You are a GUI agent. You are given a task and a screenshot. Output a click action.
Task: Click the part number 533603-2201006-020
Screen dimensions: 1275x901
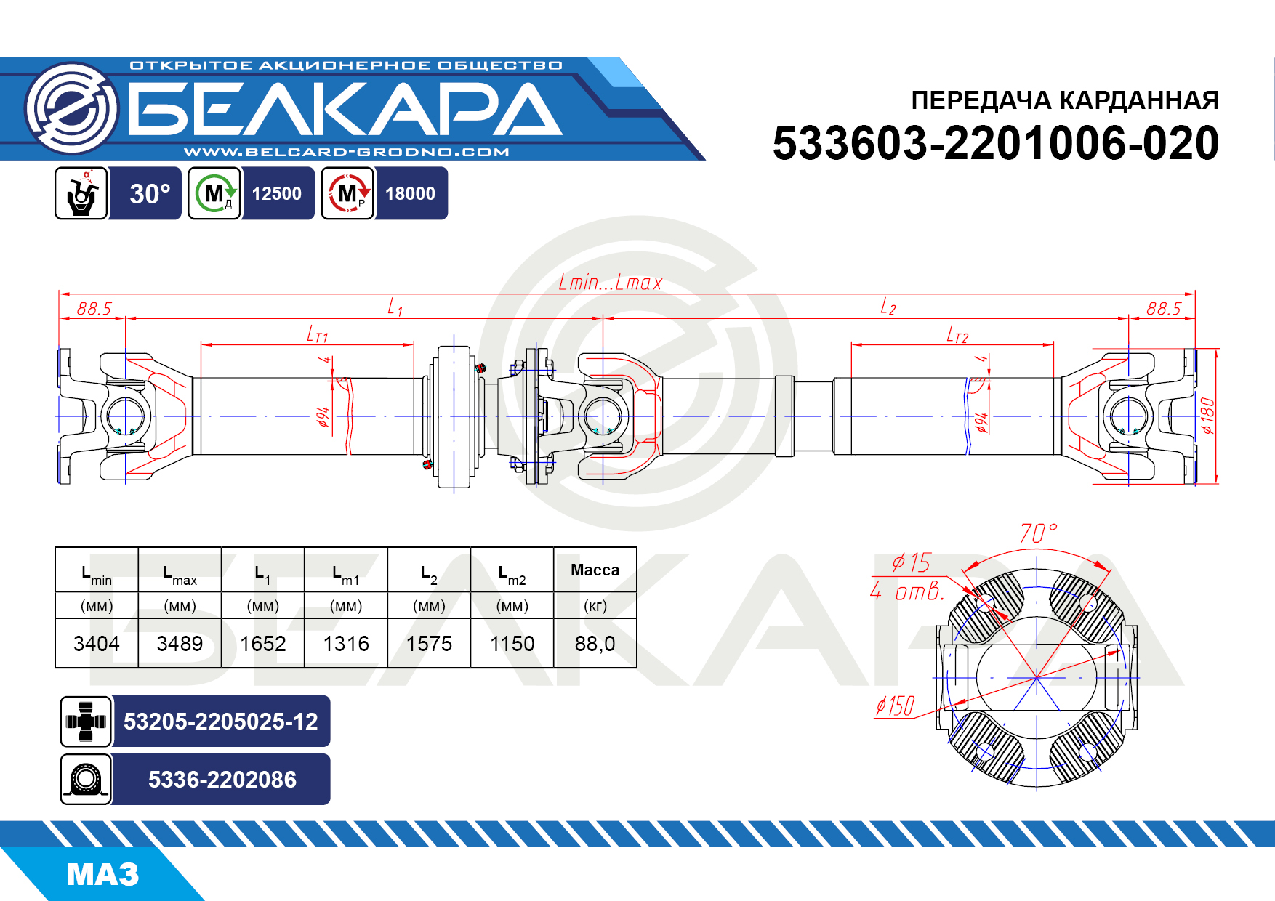click(995, 143)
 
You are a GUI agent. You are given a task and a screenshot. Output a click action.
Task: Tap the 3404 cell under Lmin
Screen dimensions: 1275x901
click(97, 644)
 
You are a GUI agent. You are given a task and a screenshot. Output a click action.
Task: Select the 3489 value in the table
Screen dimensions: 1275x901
click(180, 644)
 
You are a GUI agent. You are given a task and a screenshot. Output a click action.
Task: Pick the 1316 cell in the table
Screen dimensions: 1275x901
click(346, 644)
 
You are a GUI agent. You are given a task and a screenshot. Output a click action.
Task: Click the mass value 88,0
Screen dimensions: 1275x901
click(595, 644)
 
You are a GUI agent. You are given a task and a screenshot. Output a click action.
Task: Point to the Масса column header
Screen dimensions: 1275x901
click(595, 570)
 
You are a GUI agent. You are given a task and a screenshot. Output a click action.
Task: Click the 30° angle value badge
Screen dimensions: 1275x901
click(150, 194)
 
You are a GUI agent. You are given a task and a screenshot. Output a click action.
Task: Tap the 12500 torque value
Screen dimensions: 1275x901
click(277, 194)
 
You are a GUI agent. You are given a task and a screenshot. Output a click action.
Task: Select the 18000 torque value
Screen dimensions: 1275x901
click(411, 194)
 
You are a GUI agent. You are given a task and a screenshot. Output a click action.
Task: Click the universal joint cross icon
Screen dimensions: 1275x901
click(86, 722)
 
